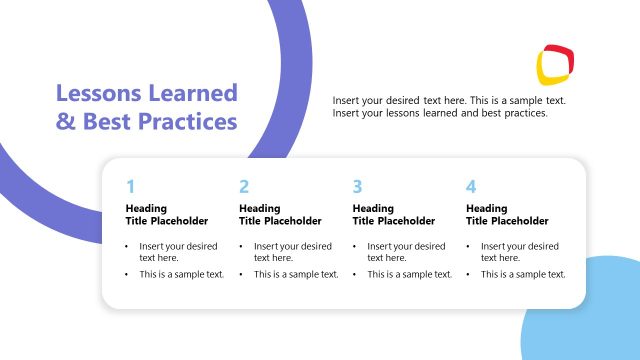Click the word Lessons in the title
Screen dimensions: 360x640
(96, 94)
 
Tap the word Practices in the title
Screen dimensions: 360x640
(188, 122)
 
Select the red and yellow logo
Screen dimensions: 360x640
(555, 64)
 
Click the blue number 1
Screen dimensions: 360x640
(130, 186)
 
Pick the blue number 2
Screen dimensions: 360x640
(244, 186)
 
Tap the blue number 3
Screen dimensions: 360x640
(357, 186)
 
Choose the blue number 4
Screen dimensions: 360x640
(471, 186)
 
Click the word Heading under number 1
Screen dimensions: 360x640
(145, 208)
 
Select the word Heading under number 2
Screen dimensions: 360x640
(259, 208)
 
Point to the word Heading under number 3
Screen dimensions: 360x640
(373, 208)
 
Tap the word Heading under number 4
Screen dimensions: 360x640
(486, 208)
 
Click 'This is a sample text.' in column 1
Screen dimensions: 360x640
(181, 274)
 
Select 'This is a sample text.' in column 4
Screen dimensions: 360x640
(522, 274)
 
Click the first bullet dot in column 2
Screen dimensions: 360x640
(241, 246)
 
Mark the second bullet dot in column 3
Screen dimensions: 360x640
(355, 274)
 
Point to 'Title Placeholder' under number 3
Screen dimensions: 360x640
(394, 221)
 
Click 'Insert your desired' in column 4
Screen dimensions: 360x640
(519, 246)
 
